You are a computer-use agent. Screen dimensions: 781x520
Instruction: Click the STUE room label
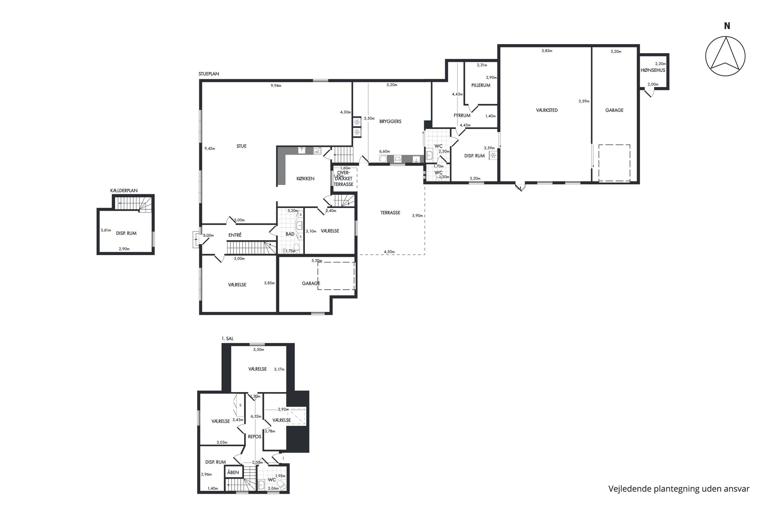[241, 146]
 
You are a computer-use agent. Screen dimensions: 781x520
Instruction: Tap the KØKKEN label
[305, 179]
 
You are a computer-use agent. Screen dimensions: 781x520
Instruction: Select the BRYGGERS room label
[390, 122]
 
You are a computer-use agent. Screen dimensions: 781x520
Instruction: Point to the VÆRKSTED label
[547, 110]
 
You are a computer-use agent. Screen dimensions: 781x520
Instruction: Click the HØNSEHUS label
[653, 70]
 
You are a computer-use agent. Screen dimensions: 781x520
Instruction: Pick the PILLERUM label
[481, 85]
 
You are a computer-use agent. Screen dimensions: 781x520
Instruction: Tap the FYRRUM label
[462, 116]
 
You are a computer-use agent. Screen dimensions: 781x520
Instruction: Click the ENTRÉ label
[235, 235]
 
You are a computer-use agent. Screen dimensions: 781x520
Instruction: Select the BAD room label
[290, 234]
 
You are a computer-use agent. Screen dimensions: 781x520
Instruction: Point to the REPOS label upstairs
[255, 437]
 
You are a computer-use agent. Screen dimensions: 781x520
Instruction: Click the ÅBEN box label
[233, 472]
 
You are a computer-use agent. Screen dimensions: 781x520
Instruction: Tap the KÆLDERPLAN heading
[124, 191]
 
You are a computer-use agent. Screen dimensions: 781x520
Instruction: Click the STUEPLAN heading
[209, 74]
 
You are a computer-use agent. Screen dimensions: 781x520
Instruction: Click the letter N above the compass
[727, 26]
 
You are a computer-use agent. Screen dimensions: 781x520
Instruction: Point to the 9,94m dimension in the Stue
[276, 86]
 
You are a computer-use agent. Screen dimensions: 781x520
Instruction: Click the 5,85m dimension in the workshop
[547, 51]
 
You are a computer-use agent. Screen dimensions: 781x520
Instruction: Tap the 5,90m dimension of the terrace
[418, 215]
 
